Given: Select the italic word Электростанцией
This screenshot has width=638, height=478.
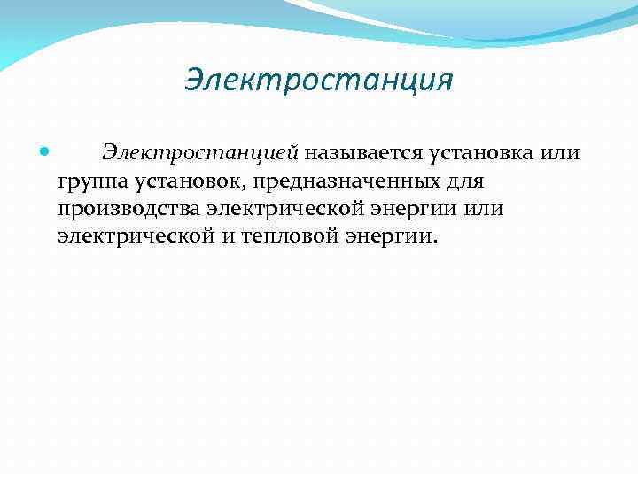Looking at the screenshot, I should [201, 152].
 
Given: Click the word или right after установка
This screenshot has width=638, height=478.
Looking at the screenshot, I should [559, 152].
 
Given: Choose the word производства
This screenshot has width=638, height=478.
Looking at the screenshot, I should [129, 209].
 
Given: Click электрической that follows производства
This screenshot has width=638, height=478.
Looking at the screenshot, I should [282, 209].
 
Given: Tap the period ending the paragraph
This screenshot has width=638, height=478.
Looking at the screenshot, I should [434, 243].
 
